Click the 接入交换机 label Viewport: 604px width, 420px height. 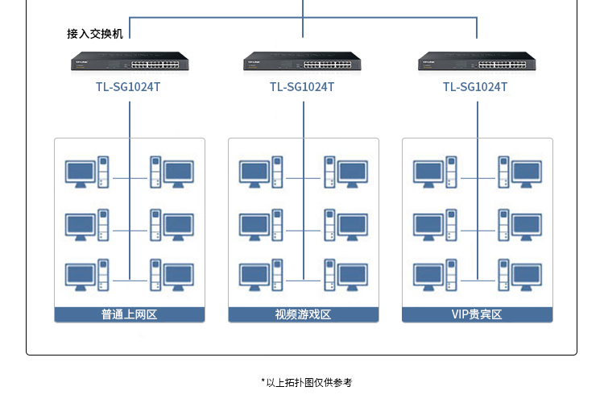94,34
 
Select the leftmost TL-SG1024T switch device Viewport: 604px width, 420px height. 129,61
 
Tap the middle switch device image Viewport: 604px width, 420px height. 303,61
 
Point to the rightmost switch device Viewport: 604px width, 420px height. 477,61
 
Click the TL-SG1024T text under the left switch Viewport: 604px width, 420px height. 129,86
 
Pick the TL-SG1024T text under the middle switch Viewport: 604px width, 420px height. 303,86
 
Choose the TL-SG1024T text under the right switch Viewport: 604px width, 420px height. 476,86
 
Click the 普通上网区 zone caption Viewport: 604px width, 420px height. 129,314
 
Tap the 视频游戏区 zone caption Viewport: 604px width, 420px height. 303,314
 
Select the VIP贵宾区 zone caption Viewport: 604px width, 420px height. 477,314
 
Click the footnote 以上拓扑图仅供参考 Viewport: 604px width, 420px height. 307,382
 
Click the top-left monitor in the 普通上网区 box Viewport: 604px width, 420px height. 81,173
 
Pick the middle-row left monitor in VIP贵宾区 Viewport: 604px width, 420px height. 428,224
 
